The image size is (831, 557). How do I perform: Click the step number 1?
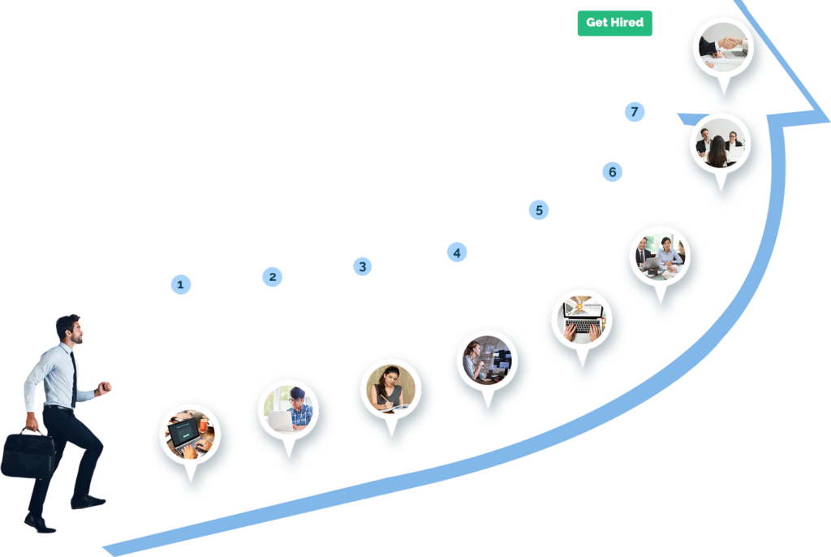(180, 284)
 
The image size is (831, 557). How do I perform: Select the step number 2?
(273, 277)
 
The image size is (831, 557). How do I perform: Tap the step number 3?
(362, 266)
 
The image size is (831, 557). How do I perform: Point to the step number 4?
(457, 253)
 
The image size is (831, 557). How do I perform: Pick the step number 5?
(540, 210)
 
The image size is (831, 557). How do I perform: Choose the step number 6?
(612, 172)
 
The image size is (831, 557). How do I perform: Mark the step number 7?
(635, 112)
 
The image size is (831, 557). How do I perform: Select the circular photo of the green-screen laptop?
(191, 432)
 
